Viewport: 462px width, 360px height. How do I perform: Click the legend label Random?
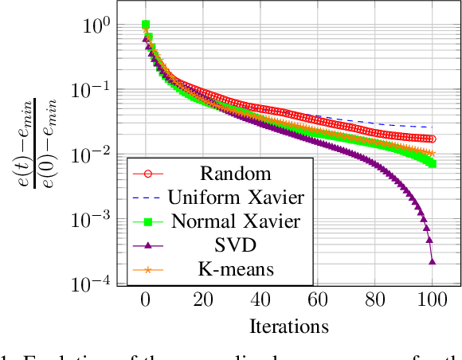point(235,174)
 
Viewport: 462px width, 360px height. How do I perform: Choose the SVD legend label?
point(235,245)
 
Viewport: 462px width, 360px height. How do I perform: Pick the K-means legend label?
point(235,270)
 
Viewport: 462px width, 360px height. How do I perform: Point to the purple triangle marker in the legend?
point(146,246)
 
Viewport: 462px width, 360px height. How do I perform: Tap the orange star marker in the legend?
point(146,271)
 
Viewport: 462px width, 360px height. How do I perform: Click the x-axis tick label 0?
point(145,301)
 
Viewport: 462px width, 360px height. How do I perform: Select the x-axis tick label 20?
point(202,301)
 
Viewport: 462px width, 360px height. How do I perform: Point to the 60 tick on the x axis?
point(317,301)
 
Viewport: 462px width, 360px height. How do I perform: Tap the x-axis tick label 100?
point(432,301)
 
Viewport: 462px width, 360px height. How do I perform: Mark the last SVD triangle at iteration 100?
point(433,260)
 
